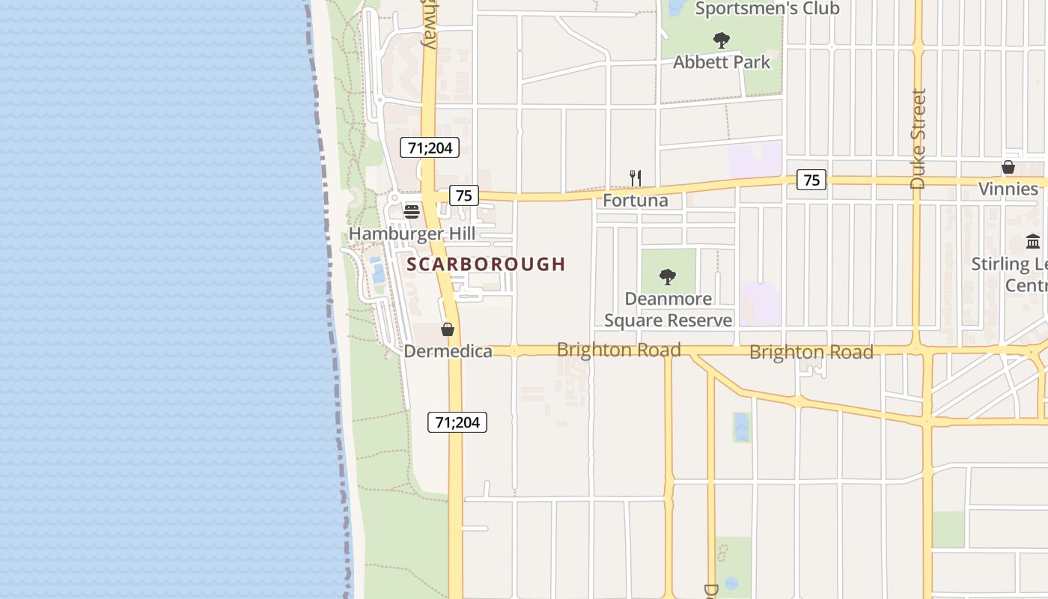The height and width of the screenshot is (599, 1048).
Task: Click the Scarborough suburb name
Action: point(486,264)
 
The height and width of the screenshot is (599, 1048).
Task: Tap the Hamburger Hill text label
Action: point(412,234)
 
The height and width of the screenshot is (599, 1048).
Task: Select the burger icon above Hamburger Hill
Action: point(411,211)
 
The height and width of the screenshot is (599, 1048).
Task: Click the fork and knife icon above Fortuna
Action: point(635,178)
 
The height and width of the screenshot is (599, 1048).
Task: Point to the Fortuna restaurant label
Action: point(635,201)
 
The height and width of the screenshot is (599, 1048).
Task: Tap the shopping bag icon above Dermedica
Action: point(448,329)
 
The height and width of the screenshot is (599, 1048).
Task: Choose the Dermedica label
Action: point(448,351)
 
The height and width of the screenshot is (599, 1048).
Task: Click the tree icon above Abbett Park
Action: point(721,40)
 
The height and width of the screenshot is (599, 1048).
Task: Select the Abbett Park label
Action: point(721,62)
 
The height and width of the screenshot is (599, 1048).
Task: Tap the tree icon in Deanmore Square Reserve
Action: point(667,277)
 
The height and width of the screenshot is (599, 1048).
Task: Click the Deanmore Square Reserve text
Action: point(668,310)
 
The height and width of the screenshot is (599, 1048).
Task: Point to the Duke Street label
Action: point(918,139)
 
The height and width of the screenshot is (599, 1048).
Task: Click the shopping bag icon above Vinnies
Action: point(1008,167)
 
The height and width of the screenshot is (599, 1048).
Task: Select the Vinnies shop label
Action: point(1008,189)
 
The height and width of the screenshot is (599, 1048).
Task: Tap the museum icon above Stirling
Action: point(1033,241)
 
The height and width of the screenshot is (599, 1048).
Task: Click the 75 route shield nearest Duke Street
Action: point(811,180)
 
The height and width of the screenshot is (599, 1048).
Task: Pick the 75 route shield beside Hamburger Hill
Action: point(464,195)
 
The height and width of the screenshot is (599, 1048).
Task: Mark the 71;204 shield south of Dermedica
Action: point(457,422)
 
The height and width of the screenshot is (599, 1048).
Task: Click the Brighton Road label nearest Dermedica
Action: point(618,350)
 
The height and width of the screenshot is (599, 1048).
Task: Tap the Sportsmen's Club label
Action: point(767,9)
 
